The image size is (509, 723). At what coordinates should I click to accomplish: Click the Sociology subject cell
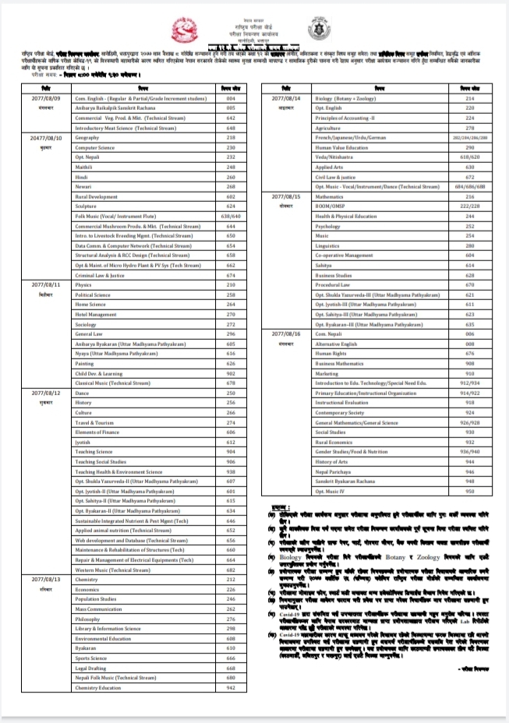click(86, 324)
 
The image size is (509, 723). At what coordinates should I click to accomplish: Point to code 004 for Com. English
click(230, 100)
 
